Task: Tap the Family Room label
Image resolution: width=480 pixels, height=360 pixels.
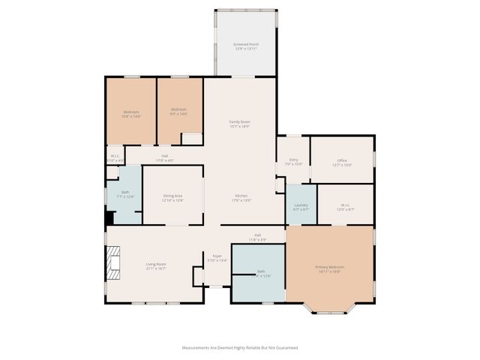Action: (239, 124)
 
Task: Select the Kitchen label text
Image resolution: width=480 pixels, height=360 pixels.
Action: (240, 198)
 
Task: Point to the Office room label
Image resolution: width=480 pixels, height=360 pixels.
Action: (342, 162)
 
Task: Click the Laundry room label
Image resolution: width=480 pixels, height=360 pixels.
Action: (301, 206)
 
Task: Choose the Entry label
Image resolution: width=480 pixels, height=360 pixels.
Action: (293, 161)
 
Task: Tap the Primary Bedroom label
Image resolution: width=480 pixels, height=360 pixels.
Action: (330, 269)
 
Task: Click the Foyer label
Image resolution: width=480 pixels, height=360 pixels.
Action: (217, 258)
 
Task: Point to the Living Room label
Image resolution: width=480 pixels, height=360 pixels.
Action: (155, 265)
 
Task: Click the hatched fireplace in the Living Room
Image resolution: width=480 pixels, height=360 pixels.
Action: (112, 264)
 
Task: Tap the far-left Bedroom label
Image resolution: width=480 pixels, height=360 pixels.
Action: (131, 114)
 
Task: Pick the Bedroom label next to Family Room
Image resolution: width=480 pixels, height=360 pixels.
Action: (178, 111)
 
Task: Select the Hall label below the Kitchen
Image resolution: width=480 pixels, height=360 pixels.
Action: (257, 237)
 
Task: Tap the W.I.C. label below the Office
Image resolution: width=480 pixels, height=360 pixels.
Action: (345, 206)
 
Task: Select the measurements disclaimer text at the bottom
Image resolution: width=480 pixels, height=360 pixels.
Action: (240, 348)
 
